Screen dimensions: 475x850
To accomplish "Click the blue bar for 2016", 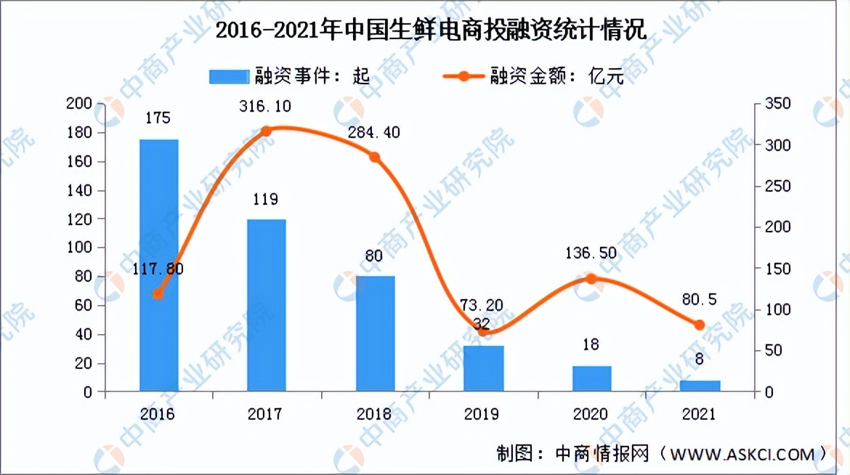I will [x=159, y=265].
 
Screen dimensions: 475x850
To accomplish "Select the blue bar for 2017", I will [x=266, y=305].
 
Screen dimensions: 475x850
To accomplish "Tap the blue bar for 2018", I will [x=375, y=333].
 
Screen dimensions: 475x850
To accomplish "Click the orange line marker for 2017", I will [x=266, y=131].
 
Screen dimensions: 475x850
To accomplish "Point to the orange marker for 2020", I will [x=591, y=279].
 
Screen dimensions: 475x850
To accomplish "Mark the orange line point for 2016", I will [x=158, y=294].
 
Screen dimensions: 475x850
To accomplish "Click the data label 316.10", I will [x=266, y=107].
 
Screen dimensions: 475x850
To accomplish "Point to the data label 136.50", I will [x=591, y=253].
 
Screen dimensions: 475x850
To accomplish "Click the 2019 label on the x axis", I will [x=482, y=414].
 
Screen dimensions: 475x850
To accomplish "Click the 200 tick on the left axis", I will [x=78, y=105].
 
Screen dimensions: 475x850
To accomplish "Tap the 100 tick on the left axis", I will [x=78, y=248].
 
